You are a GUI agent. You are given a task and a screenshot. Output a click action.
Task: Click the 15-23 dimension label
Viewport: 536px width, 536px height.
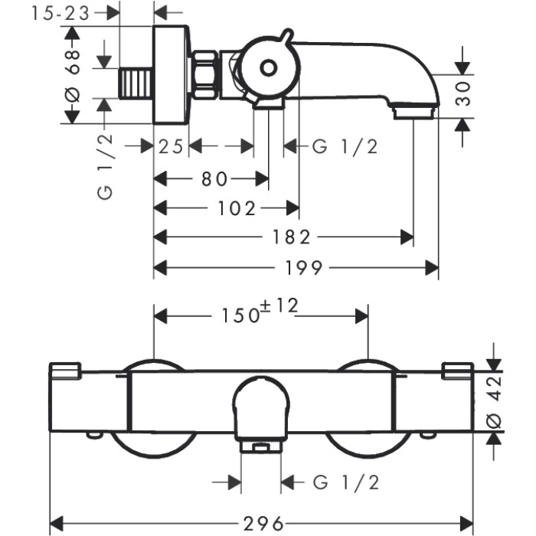pos(60,14)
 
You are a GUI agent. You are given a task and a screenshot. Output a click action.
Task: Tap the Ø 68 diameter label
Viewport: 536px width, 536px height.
pos(74,76)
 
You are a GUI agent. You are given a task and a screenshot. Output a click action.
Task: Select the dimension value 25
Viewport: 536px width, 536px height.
pos(171,147)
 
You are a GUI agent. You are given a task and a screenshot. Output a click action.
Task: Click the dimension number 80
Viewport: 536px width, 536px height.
pos(214,178)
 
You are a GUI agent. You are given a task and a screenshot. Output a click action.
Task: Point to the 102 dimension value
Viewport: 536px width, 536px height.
pos(237,208)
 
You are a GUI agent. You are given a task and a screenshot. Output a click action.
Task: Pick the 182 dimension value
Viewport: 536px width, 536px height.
pos(291,237)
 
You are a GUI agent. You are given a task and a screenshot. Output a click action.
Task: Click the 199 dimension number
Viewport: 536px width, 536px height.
pos(303,267)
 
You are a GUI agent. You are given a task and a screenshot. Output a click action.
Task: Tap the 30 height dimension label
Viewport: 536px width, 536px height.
pos(463,93)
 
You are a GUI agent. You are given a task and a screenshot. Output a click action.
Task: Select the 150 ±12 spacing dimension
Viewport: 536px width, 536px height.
pos(260,311)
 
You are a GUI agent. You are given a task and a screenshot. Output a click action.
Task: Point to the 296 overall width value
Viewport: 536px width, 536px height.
pos(263,523)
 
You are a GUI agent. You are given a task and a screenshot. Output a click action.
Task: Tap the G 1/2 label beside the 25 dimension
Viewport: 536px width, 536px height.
pos(345,147)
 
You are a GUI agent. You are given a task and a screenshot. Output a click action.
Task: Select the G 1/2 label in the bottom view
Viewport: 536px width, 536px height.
pos(346,482)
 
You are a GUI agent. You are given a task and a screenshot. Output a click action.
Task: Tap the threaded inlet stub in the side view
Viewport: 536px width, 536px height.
pos(136,83)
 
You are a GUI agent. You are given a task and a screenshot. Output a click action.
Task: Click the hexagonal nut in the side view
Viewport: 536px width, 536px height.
pos(204,75)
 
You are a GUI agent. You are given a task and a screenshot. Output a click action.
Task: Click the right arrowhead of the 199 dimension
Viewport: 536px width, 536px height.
pos(432,267)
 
